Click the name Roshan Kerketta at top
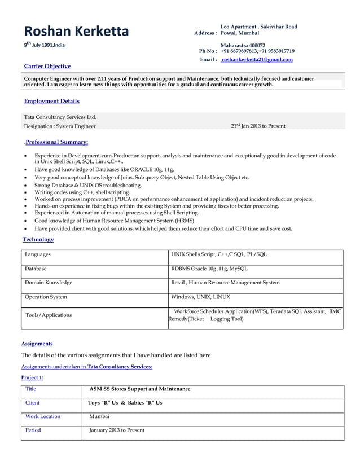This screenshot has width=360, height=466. click(x=76, y=31)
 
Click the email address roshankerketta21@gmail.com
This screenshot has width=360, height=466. click(x=257, y=59)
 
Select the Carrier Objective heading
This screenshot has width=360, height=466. click(x=47, y=66)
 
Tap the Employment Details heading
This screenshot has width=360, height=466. click(x=52, y=101)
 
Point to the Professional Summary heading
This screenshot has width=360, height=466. click(x=56, y=142)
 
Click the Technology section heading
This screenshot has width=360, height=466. click(x=38, y=239)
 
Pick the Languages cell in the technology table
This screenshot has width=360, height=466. click(x=38, y=254)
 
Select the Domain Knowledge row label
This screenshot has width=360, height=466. click(x=49, y=282)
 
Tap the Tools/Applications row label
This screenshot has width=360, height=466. click(x=49, y=315)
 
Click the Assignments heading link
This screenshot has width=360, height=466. click(x=37, y=343)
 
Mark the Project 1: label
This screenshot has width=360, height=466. click(x=32, y=377)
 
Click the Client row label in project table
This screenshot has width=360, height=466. click(x=33, y=403)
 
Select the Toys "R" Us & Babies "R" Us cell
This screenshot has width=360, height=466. click(x=125, y=403)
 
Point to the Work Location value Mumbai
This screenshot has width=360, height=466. click(x=99, y=416)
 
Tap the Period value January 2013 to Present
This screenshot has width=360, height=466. click(x=117, y=430)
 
